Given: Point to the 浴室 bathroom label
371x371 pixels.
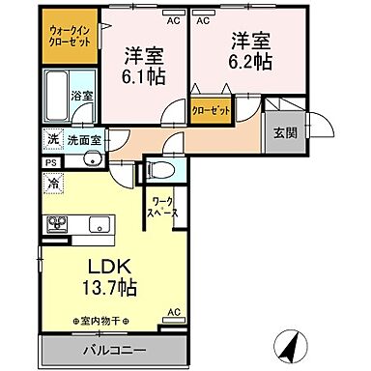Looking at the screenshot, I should point(82,97).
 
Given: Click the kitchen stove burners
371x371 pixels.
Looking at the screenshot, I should point(55,225).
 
